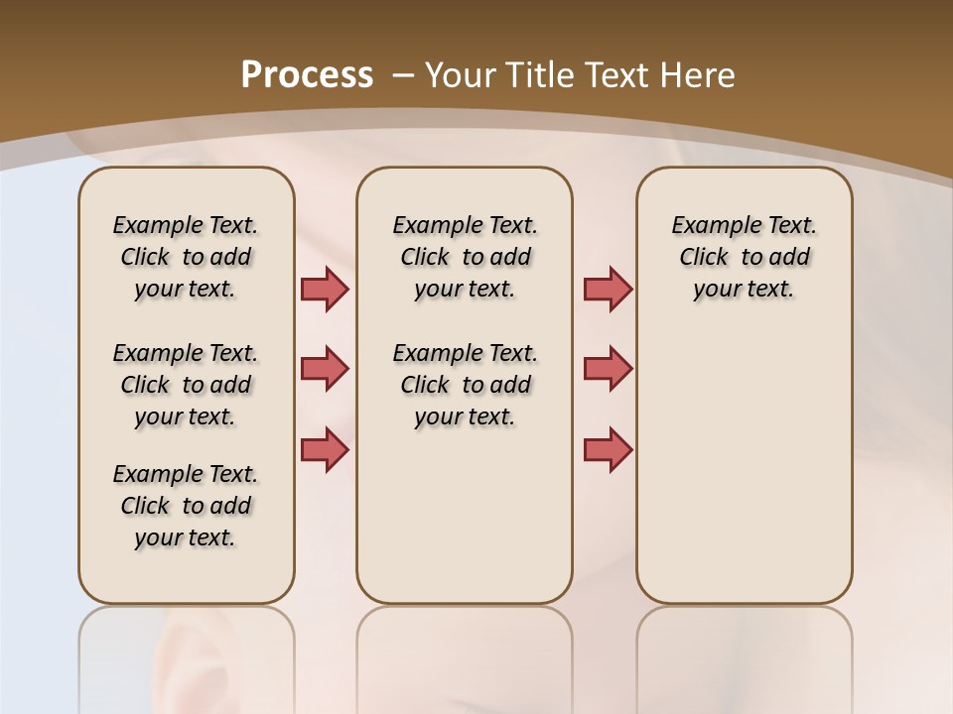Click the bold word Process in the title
coord(307,75)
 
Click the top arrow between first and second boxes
coord(325,289)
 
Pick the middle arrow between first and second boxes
coord(325,369)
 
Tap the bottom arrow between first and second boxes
coord(325,449)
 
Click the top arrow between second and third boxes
coord(608,289)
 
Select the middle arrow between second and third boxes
coord(608,369)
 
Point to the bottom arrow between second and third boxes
coord(608,449)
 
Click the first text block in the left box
coord(186,257)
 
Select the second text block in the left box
coord(186,385)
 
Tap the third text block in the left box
coord(186,506)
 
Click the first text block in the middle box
coord(465,257)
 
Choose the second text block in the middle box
coord(465,385)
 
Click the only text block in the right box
coord(745,257)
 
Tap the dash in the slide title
coord(403,75)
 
